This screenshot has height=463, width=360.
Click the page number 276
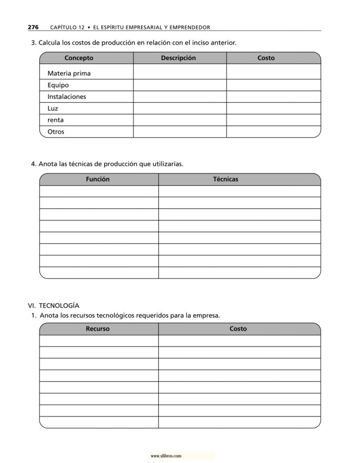[x=33, y=27]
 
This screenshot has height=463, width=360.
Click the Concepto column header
[x=79, y=58]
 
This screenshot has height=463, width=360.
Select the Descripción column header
[x=178, y=58]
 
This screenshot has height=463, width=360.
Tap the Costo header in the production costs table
[x=266, y=58]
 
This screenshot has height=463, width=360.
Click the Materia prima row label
[x=69, y=73]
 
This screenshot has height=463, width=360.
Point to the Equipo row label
[x=58, y=85]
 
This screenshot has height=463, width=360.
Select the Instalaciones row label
[x=67, y=97]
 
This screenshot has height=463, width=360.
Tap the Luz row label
[x=53, y=108]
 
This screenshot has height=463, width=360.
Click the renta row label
[x=56, y=120]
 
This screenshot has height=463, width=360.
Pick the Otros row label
[x=56, y=131]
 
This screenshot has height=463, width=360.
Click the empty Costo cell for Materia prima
[x=273, y=72]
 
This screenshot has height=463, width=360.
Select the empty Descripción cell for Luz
[x=180, y=108]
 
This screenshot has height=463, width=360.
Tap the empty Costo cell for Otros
[x=273, y=131]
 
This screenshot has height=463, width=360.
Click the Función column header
[x=98, y=179]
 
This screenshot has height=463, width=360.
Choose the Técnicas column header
[x=226, y=179]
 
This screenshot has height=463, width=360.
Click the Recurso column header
[x=98, y=329]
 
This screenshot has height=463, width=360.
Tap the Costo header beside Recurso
[x=238, y=329]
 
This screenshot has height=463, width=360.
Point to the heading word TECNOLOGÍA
[x=59, y=305]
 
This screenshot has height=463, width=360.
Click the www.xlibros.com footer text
[x=166, y=456]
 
